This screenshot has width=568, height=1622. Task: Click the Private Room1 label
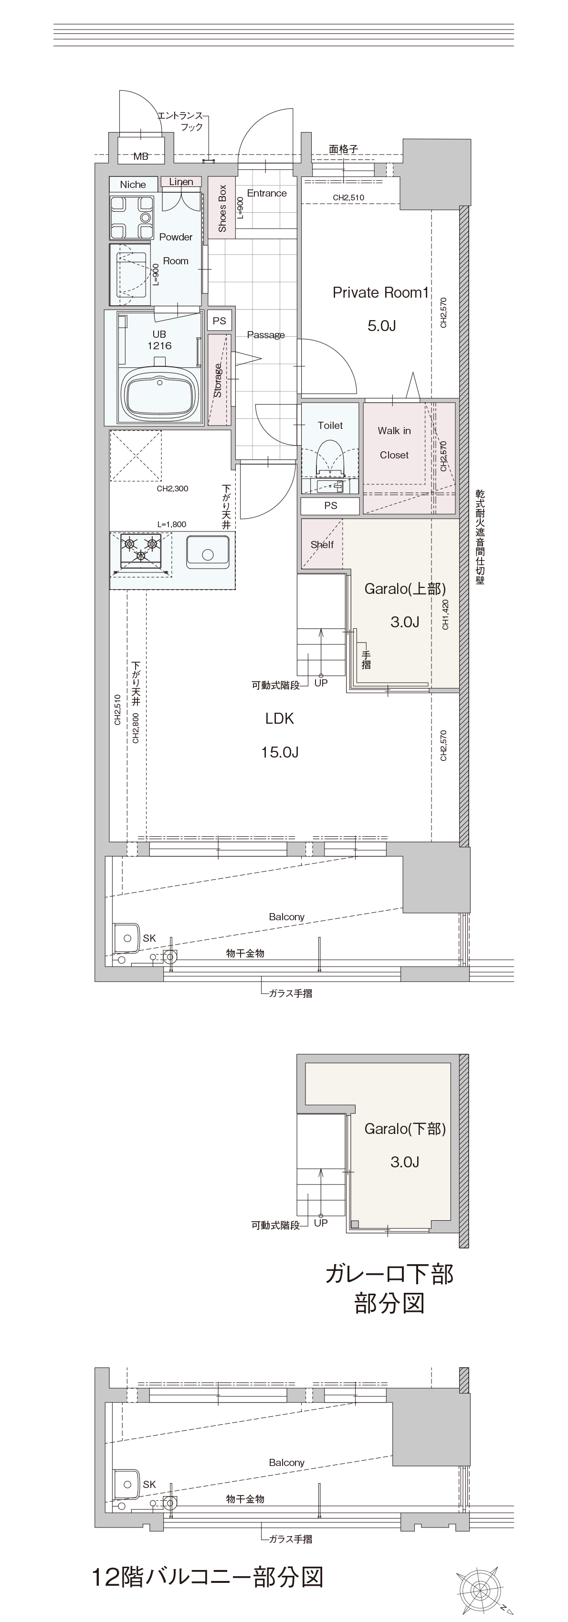380,293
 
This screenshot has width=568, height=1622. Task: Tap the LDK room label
280,718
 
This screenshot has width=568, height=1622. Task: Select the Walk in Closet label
394,443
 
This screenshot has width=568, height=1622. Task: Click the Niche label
133,185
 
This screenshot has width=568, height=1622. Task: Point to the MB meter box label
141,156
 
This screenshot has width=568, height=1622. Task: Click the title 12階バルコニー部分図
208,1577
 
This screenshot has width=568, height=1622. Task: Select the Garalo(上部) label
405,589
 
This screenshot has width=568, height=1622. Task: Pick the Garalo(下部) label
405,1129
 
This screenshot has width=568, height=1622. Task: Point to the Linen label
181,182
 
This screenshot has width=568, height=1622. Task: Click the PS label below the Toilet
331,506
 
